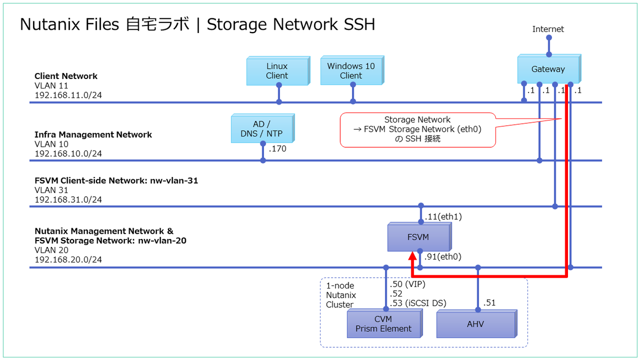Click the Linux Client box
pyautogui.click(x=277, y=71)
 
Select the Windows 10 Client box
pyautogui.click(x=350, y=71)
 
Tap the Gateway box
pyautogui.click(x=548, y=69)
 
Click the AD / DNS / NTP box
pyautogui.click(x=262, y=129)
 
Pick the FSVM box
pyautogui.click(x=418, y=237)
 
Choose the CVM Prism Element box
pyautogui.click(x=383, y=324)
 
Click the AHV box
pyautogui.click(x=475, y=324)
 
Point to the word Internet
pyautogui.click(x=548, y=29)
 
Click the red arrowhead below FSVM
pyautogui.click(x=412, y=258)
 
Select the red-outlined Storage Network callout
pyautogui.click(x=417, y=130)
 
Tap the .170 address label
pyautogui.click(x=278, y=149)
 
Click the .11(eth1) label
pyautogui.click(x=443, y=217)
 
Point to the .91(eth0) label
pyautogui.click(x=443, y=257)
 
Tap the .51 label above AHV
pyautogui.click(x=490, y=303)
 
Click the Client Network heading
pyautogui.click(x=66, y=76)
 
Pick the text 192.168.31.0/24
pyautogui.click(x=68, y=199)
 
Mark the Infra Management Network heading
pyautogui.click(x=93, y=134)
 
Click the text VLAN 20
pyautogui.click(x=51, y=250)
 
